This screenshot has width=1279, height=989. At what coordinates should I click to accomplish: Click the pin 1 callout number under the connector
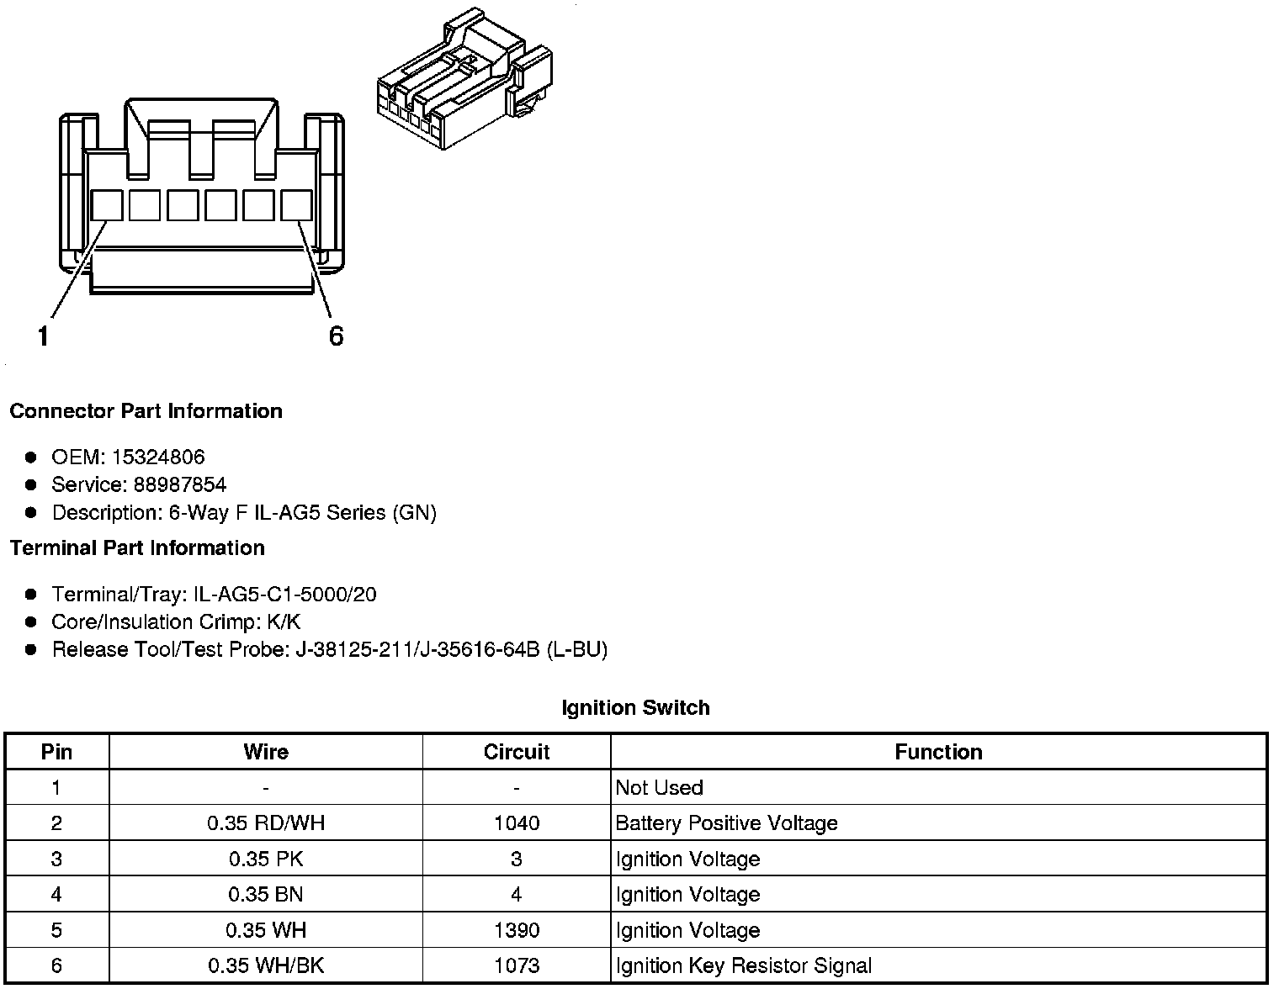coord(43,336)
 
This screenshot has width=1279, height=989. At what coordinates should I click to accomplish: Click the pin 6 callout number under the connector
coord(336,336)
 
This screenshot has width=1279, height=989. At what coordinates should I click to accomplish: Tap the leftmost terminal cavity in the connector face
coord(106,205)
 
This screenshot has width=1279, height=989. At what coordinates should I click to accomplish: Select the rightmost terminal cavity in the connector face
coord(296,205)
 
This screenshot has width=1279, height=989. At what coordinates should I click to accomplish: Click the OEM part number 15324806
coord(157,457)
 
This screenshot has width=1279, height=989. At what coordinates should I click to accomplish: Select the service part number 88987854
coord(179,484)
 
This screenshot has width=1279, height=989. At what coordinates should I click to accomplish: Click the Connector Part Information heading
coord(146,411)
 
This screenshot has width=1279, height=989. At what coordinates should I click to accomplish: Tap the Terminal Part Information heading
coord(137,548)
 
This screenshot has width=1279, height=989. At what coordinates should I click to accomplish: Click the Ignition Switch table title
coord(635,708)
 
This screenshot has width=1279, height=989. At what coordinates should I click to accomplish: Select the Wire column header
coord(266,752)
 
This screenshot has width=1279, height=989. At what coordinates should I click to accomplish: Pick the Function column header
coord(938,752)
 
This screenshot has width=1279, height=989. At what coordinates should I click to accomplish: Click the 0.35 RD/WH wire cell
coord(266,823)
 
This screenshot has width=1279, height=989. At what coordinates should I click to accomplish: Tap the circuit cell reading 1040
coord(517,823)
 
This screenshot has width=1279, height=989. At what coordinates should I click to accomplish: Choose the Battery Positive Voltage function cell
coord(726,823)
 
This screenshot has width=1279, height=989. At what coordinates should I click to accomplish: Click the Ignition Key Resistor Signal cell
coord(743,966)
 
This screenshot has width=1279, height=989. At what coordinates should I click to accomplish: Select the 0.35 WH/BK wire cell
coord(266,966)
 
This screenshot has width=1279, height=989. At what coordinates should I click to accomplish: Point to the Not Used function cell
coord(659,788)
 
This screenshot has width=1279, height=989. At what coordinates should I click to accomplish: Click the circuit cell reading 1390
coord(517,931)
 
